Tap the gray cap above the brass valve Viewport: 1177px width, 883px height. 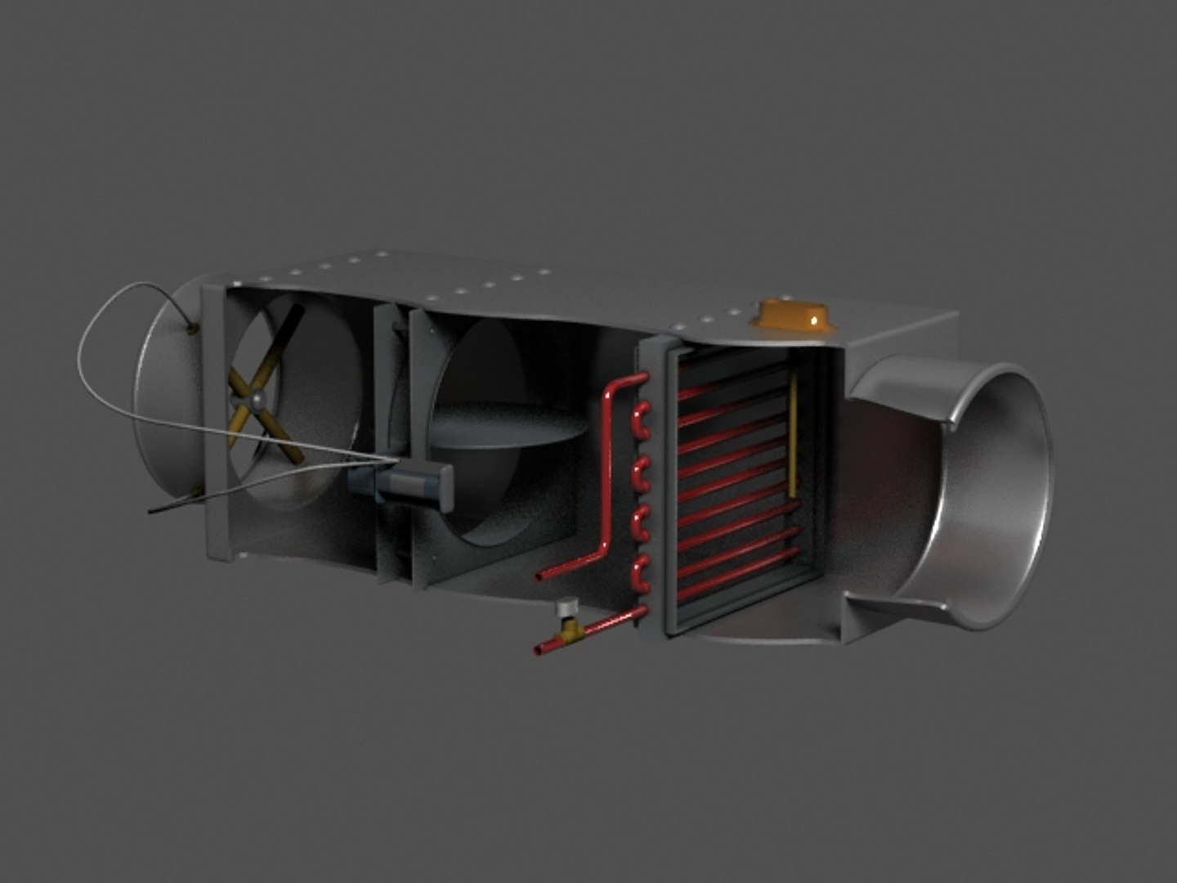pos(566,607)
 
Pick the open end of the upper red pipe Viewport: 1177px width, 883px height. pos(539,576)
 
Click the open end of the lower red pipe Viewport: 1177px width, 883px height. pos(538,651)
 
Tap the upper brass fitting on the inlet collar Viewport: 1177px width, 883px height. pos(192,329)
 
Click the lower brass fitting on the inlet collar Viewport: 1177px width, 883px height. pos(196,491)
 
